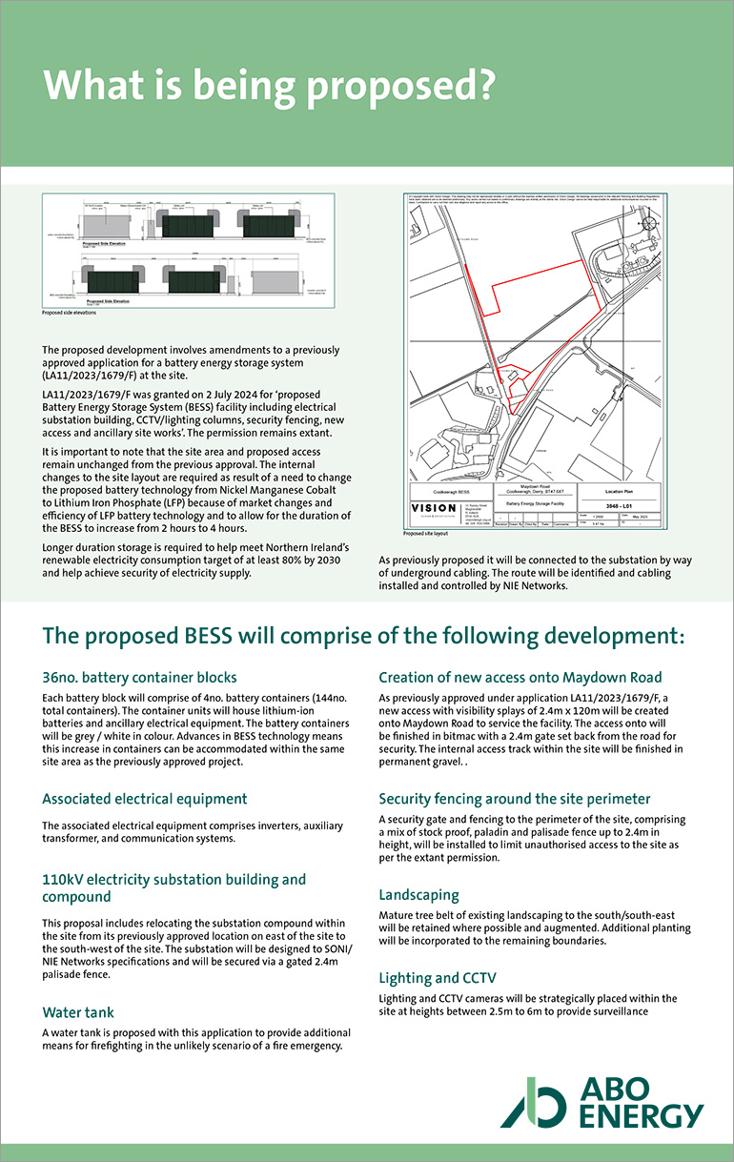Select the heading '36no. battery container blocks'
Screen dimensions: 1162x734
[x=139, y=678]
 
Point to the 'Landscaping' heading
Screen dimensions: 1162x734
[x=418, y=895]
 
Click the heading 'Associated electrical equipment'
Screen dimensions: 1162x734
[x=145, y=799]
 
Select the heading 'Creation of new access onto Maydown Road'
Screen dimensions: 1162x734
[x=520, y=678]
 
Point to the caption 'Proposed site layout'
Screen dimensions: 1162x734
[x=426, y=534]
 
